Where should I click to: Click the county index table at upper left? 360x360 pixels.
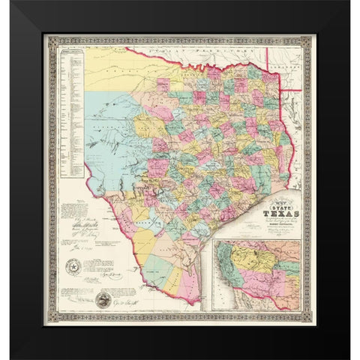click(73, 112)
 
